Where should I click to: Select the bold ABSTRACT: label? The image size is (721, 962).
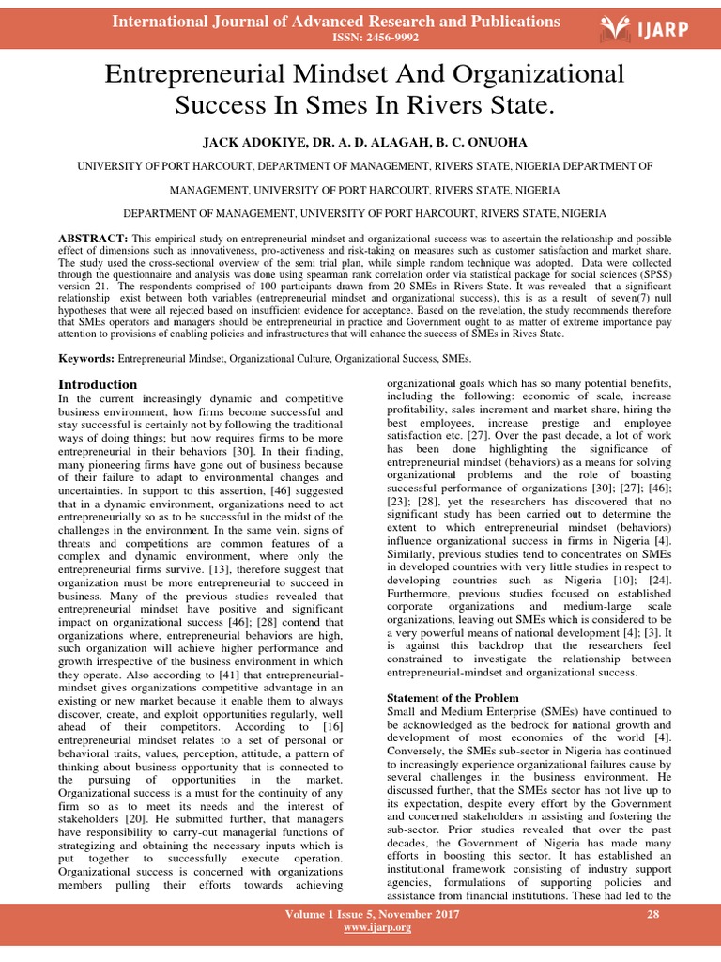93,238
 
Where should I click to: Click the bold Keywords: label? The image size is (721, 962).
86,359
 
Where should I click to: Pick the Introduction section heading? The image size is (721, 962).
98,384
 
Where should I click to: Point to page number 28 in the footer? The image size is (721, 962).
654,914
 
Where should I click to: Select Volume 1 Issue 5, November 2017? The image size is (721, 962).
372,914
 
